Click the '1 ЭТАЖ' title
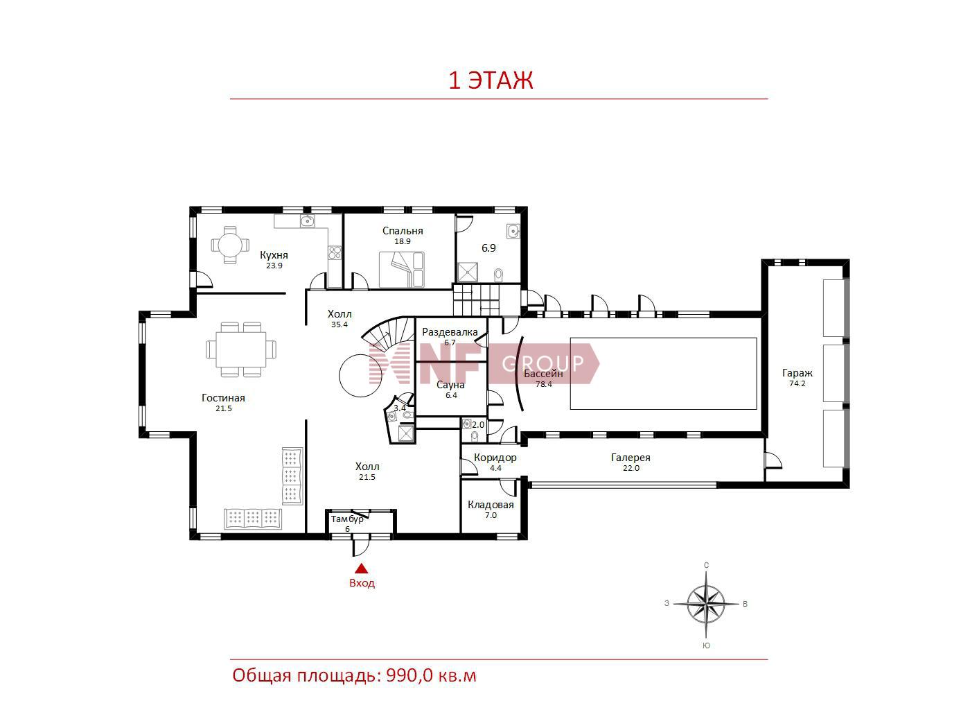click(491, 80)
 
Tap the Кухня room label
click(274, 255)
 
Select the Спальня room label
click(402, 231)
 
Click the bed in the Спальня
click(401, 269)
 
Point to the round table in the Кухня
click(229, 245)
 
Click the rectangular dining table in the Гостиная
click(241, 349)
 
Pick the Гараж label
click(797, 373)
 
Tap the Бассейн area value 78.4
click(544, 385)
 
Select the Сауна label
click(450, 385)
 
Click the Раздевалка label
click(450, 332)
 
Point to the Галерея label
click(630, 458)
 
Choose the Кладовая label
click(491, 505)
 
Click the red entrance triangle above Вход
click(362, 569)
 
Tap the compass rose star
click(706, 604)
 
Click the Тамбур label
click(347, 519)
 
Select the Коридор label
click(495, 458)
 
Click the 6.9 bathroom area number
click(488, 248)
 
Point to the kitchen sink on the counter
click(307, 220)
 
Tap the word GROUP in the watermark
click(543, 364)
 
